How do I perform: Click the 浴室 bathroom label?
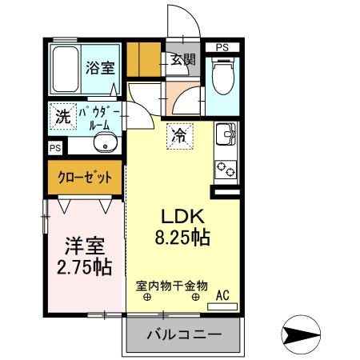(100, 68)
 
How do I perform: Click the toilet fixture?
(223, 79)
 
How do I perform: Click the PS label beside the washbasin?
(54, 148)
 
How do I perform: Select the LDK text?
(186, 216)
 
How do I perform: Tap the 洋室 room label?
(82, 244)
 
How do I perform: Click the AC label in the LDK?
(223, 296)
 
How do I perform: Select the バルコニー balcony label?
(184, 335)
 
